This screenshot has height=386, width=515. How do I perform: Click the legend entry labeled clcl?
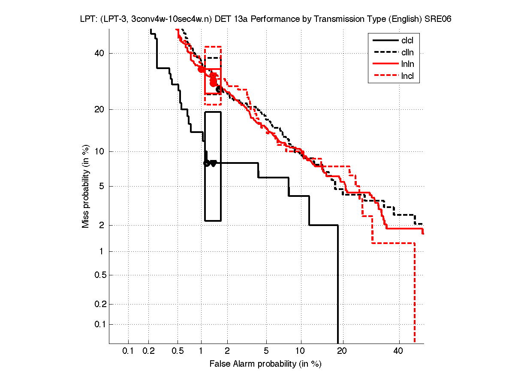tap(407, 41)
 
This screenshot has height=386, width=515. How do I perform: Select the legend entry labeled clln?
tap(407, 53)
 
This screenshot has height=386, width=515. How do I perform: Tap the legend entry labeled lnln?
tap(407, 65)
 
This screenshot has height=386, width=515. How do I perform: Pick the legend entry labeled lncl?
tap(407, 77)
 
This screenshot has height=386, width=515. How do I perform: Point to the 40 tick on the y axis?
tap(99, 53)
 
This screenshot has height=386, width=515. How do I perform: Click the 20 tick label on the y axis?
tap(99, 109)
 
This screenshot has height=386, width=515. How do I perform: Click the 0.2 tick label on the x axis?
tap(149, 351)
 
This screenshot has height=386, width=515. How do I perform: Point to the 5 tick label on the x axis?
tap(266, 351)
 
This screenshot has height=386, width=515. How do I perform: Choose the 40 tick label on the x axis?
tap(398, 351)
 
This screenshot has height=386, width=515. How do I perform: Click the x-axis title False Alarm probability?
tap(265, 364)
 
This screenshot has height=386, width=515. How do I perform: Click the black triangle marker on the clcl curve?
tap(213, 163)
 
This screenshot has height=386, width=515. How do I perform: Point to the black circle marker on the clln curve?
tap(218, 89)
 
